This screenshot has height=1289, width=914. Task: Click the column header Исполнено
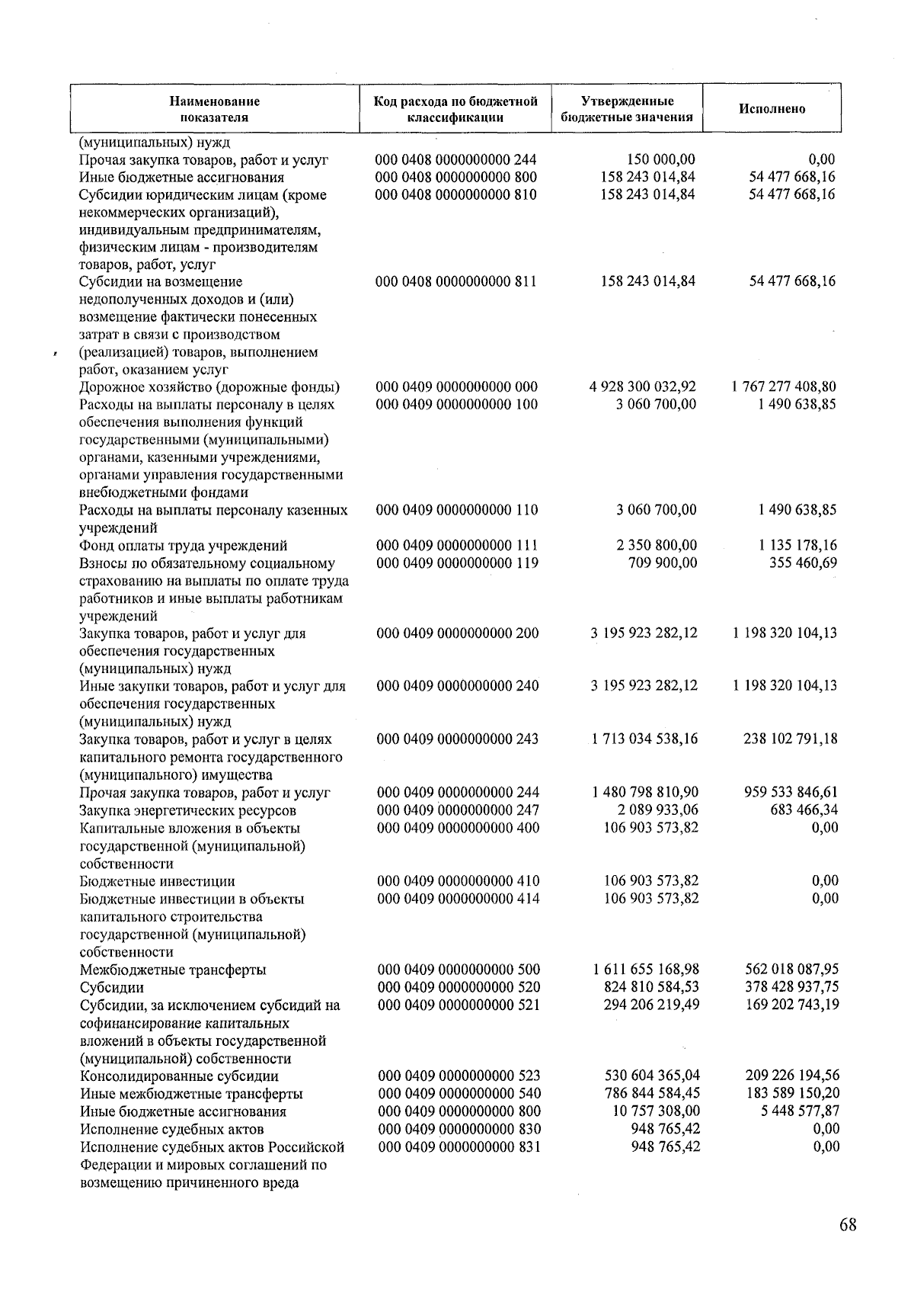point(772,109)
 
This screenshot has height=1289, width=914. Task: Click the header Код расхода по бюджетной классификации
point(455,109)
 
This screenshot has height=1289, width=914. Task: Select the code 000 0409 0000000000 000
point(457,387)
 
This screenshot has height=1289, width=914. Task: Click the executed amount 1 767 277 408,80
point(785,387)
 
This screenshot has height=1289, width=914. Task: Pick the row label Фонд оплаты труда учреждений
point(184,546)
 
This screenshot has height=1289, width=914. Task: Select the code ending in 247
point(458,810)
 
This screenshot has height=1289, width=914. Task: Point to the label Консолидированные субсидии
point(179,1076)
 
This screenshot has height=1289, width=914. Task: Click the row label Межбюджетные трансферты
point(173,970)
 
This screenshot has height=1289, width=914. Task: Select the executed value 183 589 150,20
point(792,1093)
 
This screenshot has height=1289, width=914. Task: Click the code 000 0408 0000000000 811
point(456,281)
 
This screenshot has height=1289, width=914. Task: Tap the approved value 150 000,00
point(660,160)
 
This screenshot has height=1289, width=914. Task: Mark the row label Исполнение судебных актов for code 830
point(172,1129)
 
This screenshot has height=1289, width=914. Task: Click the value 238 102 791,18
point(791,739)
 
